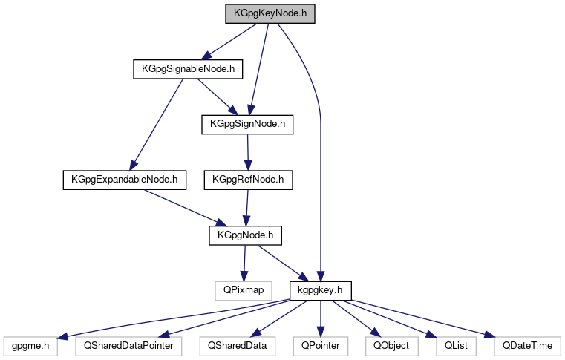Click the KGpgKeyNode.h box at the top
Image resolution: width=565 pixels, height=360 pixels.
271,13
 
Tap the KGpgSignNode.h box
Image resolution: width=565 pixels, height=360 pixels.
248,124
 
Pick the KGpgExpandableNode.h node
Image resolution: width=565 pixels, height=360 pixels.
124,180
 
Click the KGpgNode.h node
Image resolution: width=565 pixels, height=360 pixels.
246,235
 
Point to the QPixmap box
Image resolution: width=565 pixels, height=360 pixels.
238,289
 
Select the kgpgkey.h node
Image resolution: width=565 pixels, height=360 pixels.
320,289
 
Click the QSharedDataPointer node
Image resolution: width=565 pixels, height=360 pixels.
128,345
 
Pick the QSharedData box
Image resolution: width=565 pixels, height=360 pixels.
237,345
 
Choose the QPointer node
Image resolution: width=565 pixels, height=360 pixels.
319,345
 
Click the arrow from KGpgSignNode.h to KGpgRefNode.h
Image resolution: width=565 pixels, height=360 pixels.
246,152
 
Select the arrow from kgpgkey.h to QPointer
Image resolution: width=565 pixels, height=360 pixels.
320,317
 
